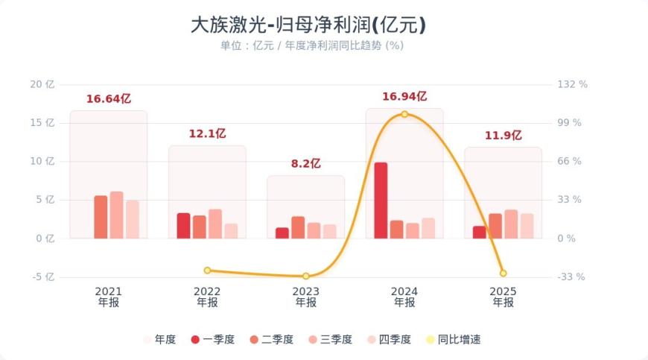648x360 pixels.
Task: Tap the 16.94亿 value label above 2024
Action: coord(404,96)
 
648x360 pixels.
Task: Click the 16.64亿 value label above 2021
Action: coord(109,98)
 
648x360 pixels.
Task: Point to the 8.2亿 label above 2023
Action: coord(305,163)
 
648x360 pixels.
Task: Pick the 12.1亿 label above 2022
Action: coord(207,133)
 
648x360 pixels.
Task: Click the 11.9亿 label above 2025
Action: coord(503,135)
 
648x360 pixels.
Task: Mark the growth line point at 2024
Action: coord(404,114)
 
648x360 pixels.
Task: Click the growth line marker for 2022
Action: coord(207,271)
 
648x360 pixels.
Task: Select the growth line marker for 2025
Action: coord(503,274)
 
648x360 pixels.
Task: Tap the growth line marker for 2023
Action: coord(305,277)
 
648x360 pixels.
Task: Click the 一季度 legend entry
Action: coord(212,339)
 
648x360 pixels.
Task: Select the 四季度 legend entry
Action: coord(388,339)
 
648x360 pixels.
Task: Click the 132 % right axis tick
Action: coord(572,84)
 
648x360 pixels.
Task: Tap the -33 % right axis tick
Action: coord(571,277)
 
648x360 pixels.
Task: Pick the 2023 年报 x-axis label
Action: coord(305,297)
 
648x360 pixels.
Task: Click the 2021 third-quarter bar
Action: coord(116,215)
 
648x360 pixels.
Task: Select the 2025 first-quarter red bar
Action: coord(479,232)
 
